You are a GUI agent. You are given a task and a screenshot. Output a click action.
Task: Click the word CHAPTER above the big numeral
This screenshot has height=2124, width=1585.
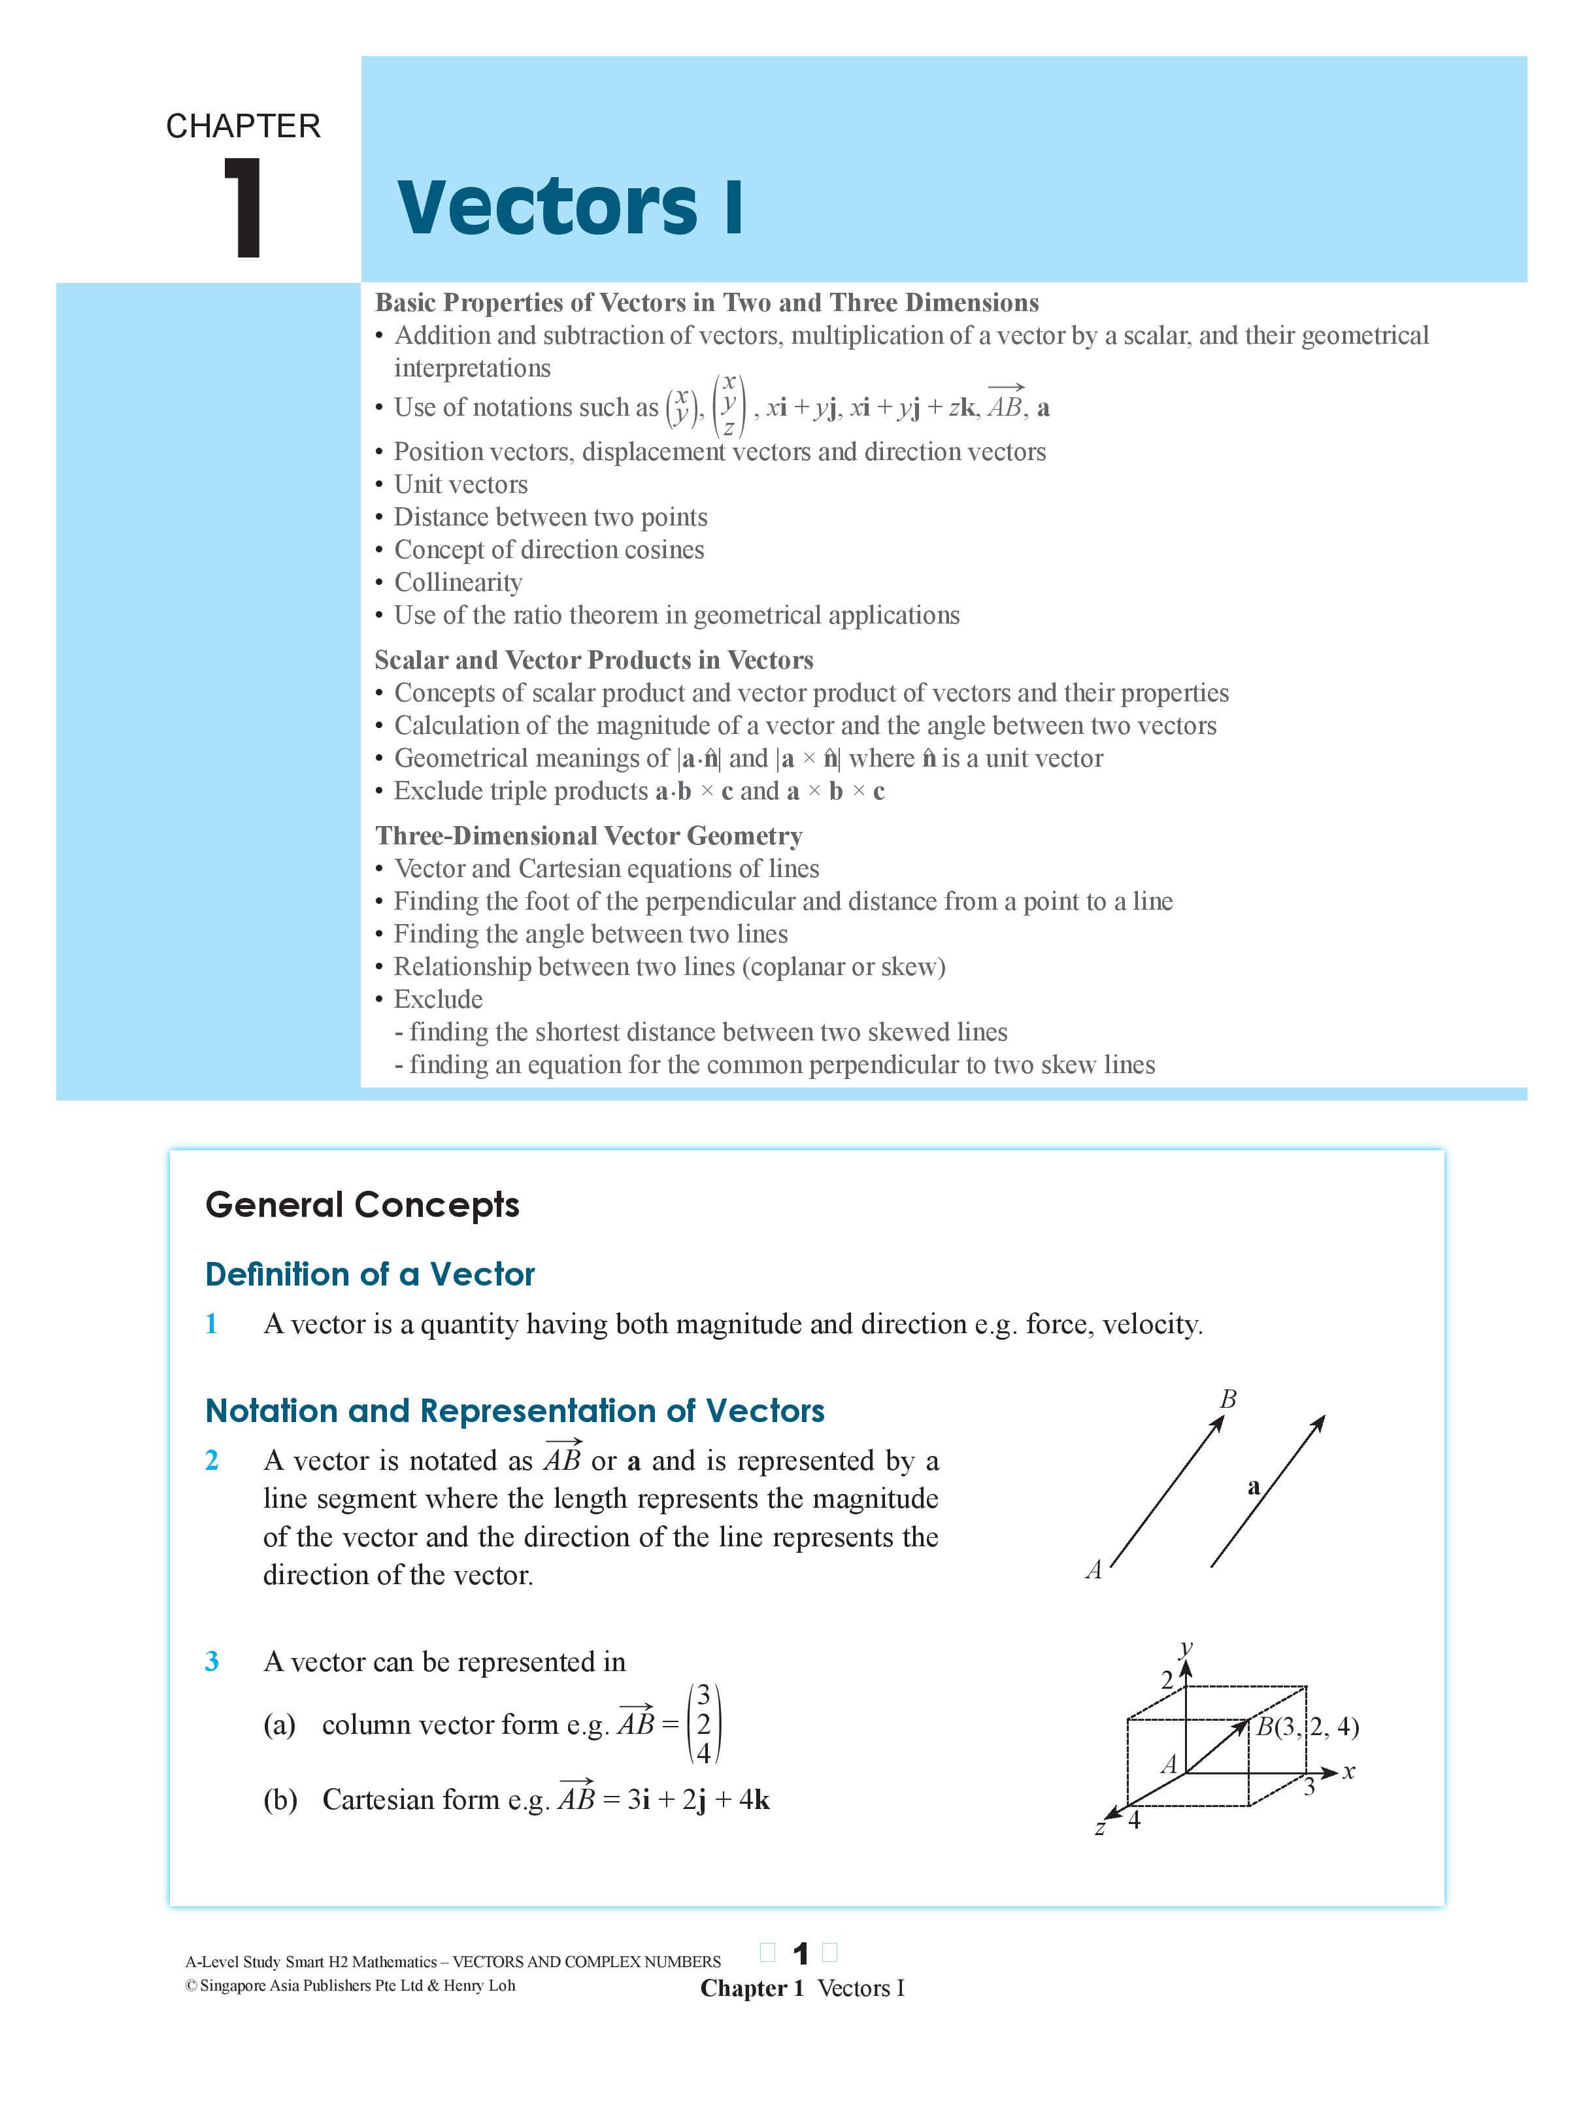[242, 125]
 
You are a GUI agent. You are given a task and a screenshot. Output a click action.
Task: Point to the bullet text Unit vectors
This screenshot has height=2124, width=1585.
[461, 484]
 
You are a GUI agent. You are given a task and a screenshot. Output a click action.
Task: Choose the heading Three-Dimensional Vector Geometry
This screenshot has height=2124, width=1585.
[588, 836]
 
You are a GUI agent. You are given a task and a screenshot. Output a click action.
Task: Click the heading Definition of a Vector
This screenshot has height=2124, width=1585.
[369, 1274]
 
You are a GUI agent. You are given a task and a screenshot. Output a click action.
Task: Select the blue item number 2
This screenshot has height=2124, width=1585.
[212, 1459]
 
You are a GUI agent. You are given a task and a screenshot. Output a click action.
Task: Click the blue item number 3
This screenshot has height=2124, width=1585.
[212, 1661]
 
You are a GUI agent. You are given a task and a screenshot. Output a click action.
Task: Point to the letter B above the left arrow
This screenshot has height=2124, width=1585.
[1227, 1399]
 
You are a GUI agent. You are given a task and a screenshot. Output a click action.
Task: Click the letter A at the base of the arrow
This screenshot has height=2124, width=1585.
[1093, 1570]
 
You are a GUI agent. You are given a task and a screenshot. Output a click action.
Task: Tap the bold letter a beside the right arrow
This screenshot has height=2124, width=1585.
[1253, 1486]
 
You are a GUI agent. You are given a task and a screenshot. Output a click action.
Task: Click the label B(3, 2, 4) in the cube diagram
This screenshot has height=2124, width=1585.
[1307, 1727]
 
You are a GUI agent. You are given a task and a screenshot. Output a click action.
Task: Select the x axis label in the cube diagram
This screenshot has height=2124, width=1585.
[1349, 1771]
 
